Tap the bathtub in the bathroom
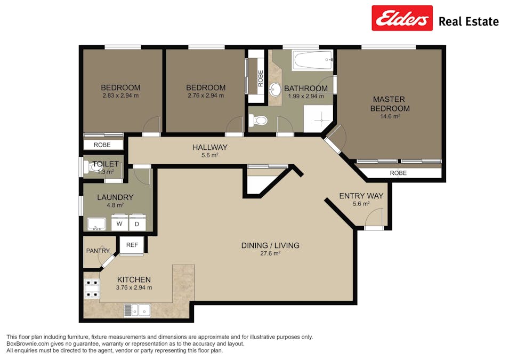pyautogui.click(x=312, y=60)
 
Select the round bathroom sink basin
pyautogui.click(x=276, y=89)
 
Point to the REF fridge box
pyautogui.click(x=132, y=245)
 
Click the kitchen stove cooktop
pyautogui.click(x=91, y=289)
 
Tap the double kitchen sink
pyautogui.click(x=138, y=309)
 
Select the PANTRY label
pyautogui.click(x=98, y=251)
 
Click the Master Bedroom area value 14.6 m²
pyautogui.click(x=390, y=116)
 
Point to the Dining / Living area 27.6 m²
pyautogui.click(x=270, y=254)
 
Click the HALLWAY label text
pyautogui.click(x=209, y=147)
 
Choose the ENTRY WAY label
pyautogui.click(x=361, y=196)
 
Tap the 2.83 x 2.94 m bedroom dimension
pyautogui.click(x=120, y=96)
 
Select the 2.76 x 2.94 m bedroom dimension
pyautogui.click(x=205, y=96)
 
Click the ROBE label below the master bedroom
pyautogui.click(x=398, y=173)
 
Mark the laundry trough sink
pyautogui.click(x=96, y=224)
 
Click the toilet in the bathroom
pyautogui.click(x=259, y=121)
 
